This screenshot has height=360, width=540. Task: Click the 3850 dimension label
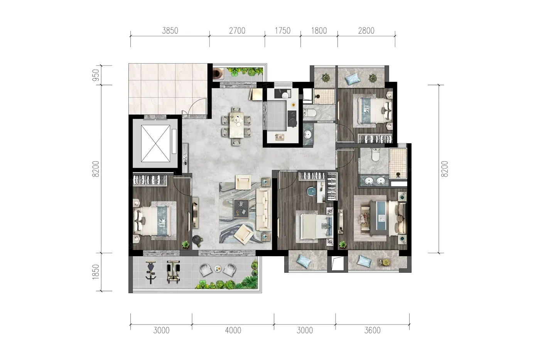(170, 31)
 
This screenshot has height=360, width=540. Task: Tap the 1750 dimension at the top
(282, 31)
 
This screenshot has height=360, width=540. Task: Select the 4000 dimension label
(233, 330)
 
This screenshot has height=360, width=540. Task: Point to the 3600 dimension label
(373, 330)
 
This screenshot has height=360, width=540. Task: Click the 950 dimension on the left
(96, 75)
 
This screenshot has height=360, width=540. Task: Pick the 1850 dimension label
(96, 272)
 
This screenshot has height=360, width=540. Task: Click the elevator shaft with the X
(155, 143)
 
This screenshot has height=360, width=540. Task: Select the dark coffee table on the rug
(241, 209)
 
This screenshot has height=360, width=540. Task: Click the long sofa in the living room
(263, 209)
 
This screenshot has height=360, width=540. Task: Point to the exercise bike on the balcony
(151, 272)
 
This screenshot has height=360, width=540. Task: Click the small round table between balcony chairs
(218, 269)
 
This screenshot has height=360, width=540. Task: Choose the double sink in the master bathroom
(375, 180)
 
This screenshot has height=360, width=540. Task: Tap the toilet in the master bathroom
(375, 155)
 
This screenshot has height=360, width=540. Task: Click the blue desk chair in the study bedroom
(312, 191)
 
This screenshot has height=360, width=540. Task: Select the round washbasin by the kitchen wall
(308, 135)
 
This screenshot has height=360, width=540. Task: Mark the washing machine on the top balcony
(219, 73)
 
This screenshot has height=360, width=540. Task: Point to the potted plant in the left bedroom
(186, 244)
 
